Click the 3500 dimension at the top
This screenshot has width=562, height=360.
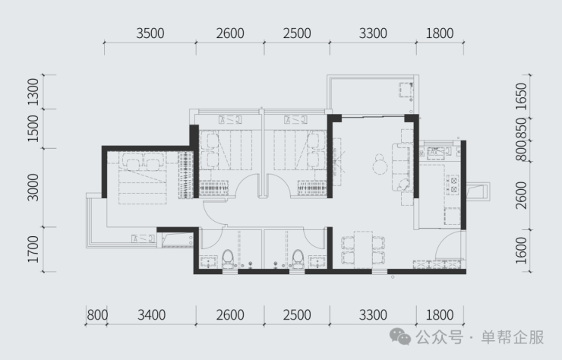tap(150, 33)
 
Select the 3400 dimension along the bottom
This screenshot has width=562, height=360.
tap(152, 315)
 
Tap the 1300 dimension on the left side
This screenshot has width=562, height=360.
tap(33, 92)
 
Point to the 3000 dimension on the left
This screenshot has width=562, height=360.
tap(33, 188)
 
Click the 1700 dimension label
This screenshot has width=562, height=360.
tap(33, 249)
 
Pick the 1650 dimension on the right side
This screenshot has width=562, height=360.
tap(522, 96)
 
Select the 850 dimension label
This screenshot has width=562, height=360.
tap(522, 128)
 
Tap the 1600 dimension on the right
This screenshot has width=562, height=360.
tap(522, 251)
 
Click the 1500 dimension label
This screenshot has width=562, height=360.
tap(33, 128)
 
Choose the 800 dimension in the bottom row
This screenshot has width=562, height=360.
tap(97, 315)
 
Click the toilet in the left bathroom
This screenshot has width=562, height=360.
tap(228, 259)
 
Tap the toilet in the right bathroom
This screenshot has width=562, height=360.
tap(298, 259)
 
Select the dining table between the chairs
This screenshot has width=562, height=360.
tap(363, 250)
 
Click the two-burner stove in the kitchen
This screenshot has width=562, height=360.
tap(453, 185)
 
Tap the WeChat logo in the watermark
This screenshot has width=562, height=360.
tap(400, 336)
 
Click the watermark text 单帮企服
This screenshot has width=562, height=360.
tap(512, 337)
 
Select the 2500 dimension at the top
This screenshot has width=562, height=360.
tap(297, 33)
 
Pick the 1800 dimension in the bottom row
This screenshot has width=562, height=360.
tap(440, 315)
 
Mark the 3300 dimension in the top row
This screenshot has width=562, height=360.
tap(373, 33)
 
